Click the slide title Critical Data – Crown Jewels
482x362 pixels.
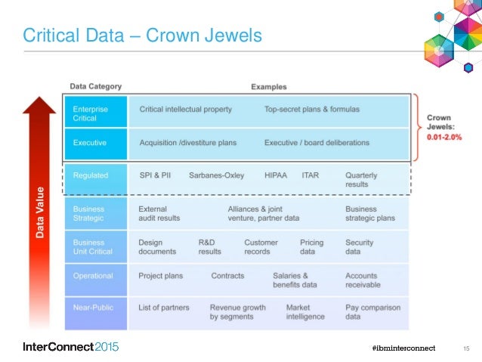click(142, 36)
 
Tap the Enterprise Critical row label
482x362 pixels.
click(90, 114)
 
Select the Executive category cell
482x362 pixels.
click(89, 142)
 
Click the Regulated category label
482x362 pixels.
click(91, 175)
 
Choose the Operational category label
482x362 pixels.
click(93, 276)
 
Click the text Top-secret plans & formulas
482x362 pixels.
click(311, 110)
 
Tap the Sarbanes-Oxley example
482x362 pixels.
click(216, 175)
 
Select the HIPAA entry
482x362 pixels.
click(277, 175)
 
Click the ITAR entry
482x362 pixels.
click(310, 175)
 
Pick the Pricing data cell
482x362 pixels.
click(311, 247)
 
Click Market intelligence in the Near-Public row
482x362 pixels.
click(305, 312)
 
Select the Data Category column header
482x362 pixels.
click(95, 87)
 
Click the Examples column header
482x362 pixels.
click(268, 87)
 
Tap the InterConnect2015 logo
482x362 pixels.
click(70, 347)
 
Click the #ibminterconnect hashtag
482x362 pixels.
click(404, 348)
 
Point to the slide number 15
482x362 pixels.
click(466, 348)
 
